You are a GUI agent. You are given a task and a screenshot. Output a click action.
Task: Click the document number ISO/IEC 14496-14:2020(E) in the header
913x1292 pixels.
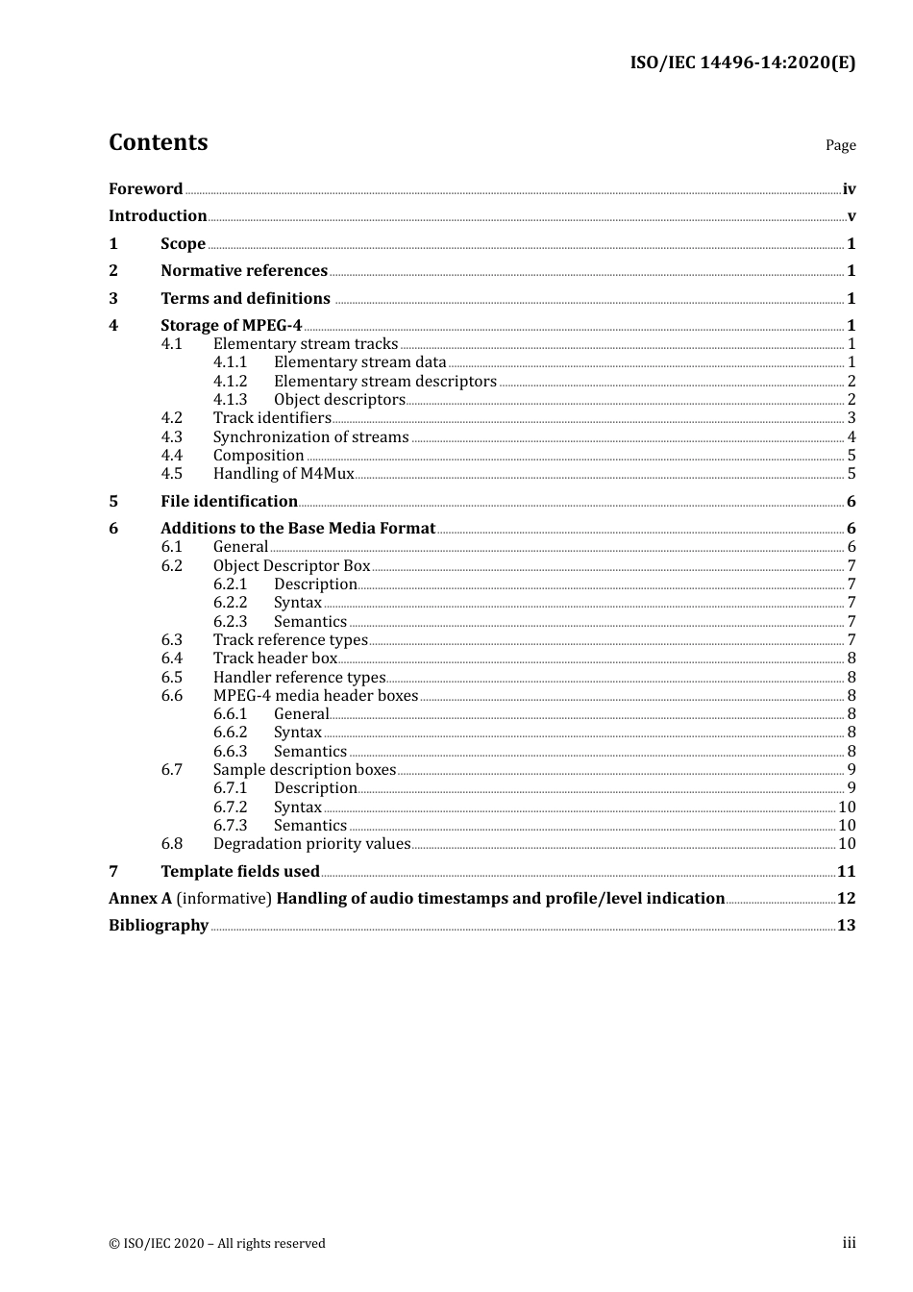tap(742, 62)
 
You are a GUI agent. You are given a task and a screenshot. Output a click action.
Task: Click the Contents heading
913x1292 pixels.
tap(158, 142)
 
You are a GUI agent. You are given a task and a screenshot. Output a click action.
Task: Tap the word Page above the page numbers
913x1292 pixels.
tap(840, 145)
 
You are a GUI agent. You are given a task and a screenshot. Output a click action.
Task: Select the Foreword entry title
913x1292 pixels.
tap(145, 189)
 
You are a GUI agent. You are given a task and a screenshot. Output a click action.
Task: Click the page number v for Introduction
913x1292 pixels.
tap(851, 216)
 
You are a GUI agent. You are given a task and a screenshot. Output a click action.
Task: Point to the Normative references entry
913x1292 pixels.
tap(244, 271)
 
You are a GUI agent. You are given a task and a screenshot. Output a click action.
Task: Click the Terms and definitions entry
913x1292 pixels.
tap(245, 299)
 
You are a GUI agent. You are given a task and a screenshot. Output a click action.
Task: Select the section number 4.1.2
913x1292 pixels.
tap(230, 382)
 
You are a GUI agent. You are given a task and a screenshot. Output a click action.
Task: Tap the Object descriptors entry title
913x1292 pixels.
tap(339, 400)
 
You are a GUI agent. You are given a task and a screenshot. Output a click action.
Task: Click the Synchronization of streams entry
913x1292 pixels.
tap(310, 437)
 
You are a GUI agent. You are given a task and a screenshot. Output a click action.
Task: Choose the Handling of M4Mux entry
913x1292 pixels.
tap(284, 474)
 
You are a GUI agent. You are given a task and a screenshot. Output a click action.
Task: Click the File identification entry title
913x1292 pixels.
tap(229, 502)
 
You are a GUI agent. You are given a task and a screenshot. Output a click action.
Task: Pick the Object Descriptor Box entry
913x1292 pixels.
tap(291, 566)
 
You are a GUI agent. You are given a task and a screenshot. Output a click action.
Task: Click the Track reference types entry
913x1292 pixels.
tap(290, 640)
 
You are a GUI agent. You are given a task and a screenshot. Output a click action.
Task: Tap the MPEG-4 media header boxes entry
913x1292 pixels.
tap(315, 696)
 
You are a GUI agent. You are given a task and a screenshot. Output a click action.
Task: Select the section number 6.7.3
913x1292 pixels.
tap(230, 826)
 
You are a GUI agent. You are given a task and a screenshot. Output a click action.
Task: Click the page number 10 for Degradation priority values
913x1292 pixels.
tap(846, 844)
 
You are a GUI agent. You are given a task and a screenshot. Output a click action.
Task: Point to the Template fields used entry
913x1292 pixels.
tap(240, 872)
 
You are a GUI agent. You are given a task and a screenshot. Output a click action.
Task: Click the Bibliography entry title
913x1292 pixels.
tap(159, 926)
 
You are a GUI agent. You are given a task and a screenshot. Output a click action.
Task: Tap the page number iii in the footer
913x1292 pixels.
tap(849, 1243)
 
